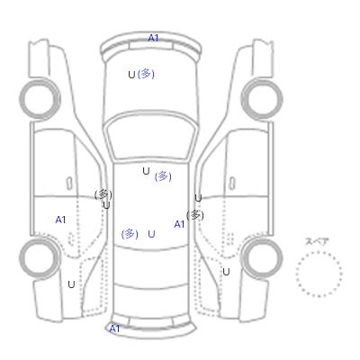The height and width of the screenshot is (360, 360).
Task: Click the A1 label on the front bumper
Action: point(153,38)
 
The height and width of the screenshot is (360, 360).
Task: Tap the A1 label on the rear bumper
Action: point(114,328)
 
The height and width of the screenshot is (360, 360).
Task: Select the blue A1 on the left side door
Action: point(60,220)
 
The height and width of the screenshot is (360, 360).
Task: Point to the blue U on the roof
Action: point(151,234)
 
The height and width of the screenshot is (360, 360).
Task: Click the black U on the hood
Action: point(131,75)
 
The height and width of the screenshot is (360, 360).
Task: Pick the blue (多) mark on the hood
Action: point(146,74)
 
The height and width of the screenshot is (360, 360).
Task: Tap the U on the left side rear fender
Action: point(71,284)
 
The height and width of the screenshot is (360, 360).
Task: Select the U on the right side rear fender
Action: point(226,272)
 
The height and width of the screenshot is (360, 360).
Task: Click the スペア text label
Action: point(317,241)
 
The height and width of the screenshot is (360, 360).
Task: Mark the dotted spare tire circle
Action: point(319,252)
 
